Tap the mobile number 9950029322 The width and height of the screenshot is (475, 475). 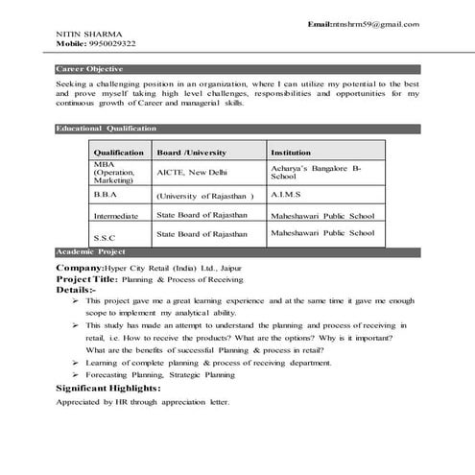click(x=112, y=44)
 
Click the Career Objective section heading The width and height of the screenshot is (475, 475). click(x=89, y=70)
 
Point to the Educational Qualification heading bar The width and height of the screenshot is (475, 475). click(x=107, y=128)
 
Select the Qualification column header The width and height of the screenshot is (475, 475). click(x=118, y=153)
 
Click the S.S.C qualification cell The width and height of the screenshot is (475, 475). click(x=104, y=237)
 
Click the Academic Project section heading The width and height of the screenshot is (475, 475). click(x=90, y=250)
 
